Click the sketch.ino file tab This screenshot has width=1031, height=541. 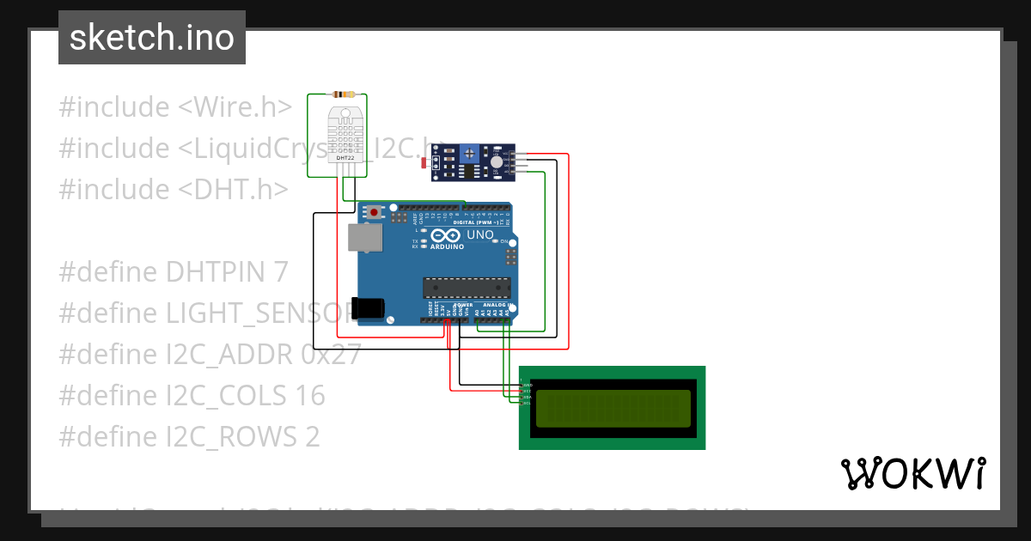[x=152, y=38]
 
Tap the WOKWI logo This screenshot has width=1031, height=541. [x=913, y=473]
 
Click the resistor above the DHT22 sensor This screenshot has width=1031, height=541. [x=345, y=94]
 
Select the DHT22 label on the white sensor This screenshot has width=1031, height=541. [x=345, y=158]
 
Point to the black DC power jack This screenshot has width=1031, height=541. [x=369, y=308]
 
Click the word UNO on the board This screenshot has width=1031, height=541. [x=479, y=234]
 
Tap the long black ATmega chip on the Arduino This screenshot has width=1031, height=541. [x=467, y=289]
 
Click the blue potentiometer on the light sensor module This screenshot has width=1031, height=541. [x=469, y=154]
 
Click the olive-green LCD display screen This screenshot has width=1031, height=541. [x=613, y=408]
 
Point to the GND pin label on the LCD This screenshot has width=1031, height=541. [x=528, y=386]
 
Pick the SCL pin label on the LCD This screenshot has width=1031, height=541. [x=528, y=403]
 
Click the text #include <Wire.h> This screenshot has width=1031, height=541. [x=175, y=107]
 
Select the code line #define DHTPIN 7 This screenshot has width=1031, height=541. [x=173, y=272]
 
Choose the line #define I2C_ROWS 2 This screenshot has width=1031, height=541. [x=189, y=437]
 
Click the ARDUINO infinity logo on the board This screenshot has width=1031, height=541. [x=445, y=235]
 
